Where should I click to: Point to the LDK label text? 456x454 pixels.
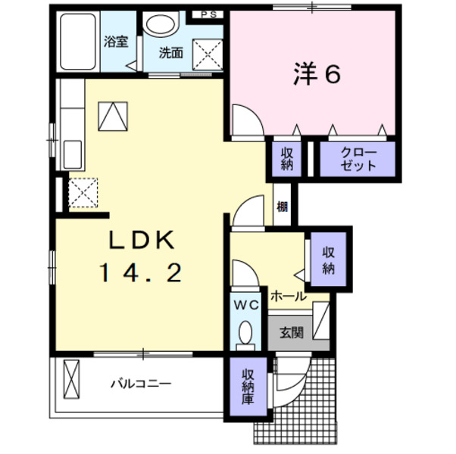click(x=141, y=241)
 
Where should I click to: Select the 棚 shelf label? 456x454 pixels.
click(x=282, y=206)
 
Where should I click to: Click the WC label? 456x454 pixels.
click(x=245, y=304)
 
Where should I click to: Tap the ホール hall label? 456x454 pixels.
click(x=289, y=295)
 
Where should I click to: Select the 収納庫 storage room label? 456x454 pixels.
click(x=247, y=387)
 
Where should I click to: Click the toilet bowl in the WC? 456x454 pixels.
click(x=245, y=333)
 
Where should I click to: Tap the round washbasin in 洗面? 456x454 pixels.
click(x=159, y=24)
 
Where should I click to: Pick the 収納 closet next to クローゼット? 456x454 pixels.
click(x=287, y=159)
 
